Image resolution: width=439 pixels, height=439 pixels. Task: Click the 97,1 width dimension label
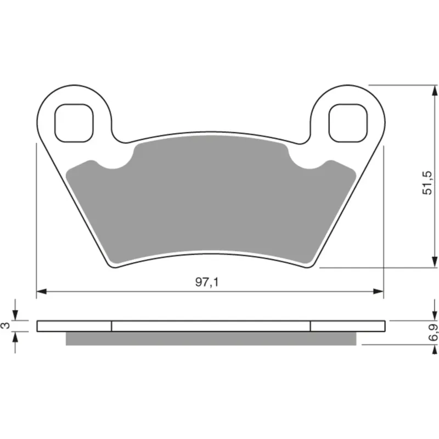click(207, 282)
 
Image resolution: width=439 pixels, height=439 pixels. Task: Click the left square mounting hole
click(74, 123)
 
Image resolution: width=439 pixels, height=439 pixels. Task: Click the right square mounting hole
click(348, 123)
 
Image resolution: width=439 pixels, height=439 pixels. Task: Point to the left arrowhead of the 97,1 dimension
click(42, 291)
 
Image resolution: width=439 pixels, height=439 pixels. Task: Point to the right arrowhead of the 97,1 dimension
click(378, 291)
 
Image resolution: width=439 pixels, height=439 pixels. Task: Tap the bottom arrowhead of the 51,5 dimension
click(435, 262)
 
